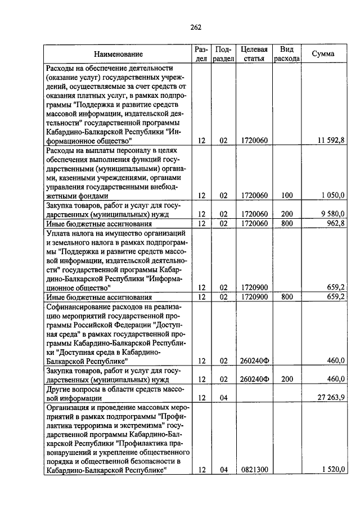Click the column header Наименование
point(118,54)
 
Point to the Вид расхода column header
point(286,54)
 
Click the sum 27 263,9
point(330,398)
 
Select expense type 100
point(287,195)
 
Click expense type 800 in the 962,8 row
point(287,223)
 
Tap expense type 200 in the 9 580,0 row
point(287,214)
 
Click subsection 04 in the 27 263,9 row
point(223,398)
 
